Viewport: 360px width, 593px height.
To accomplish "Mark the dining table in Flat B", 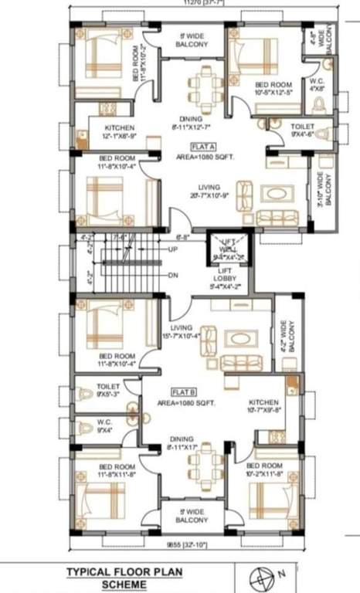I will tap(205, 462).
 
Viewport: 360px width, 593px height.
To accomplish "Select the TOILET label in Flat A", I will tap(302, 128).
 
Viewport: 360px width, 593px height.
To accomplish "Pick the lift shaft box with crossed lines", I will tap(225, 249).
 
